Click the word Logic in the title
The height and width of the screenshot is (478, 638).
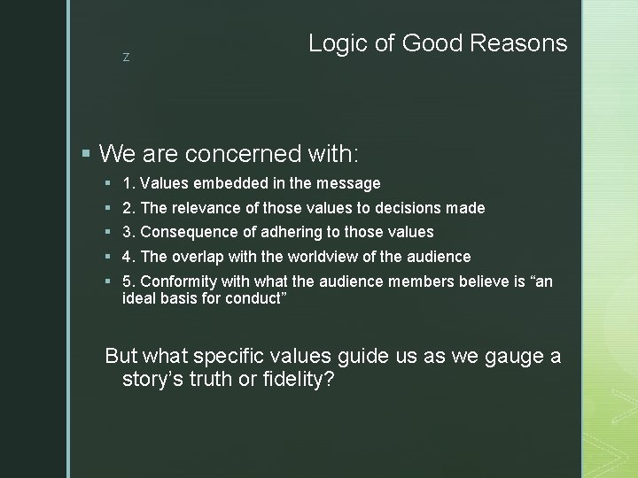click(335, 42)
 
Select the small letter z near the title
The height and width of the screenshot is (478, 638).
click(126, 58)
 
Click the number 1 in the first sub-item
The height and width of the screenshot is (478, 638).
click(128, 183)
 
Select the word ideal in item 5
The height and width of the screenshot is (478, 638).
click(138, 297)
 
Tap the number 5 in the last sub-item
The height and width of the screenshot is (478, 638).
click(128, 281)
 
